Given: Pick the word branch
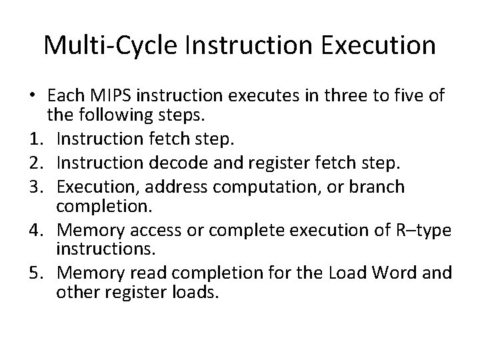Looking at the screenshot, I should point(377,187).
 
